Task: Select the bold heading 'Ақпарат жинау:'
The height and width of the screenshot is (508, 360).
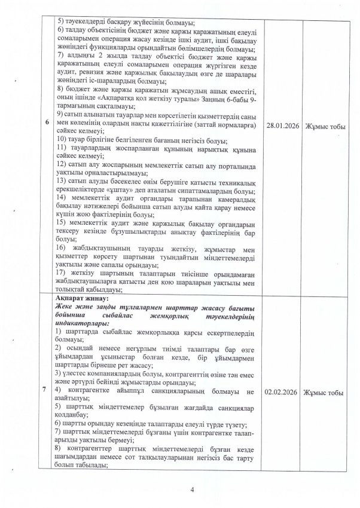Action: [78, 297]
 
